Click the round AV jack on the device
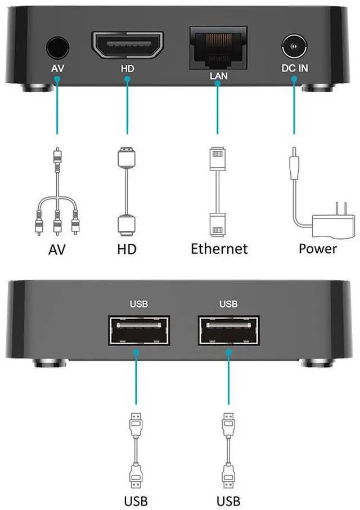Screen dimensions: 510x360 coord(56,48)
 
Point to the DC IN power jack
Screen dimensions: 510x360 coord(294,47)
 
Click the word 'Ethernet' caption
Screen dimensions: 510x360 coord(219,248)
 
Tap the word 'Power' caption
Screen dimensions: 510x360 coord(318,248)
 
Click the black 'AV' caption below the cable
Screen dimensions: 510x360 coord(56,248)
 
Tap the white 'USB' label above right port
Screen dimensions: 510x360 coord(228,305)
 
